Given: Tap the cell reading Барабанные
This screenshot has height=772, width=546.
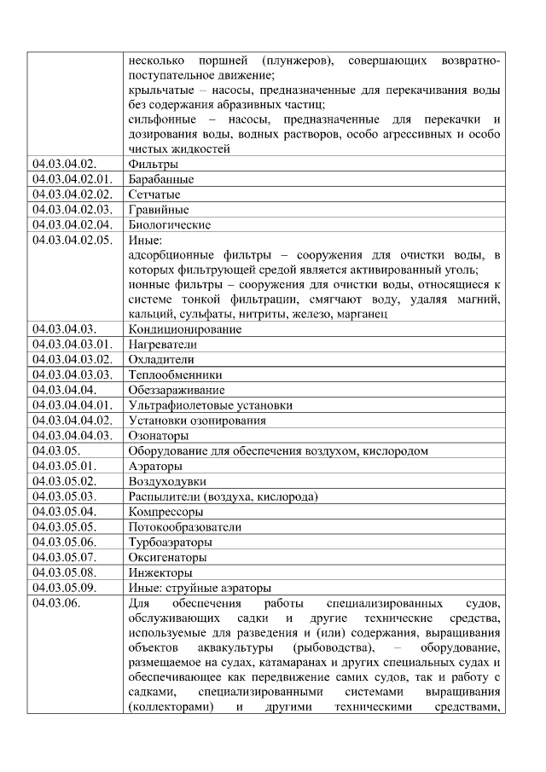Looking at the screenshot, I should pos(160,179).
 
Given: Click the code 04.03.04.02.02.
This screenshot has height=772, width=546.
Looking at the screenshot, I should pos(72,194).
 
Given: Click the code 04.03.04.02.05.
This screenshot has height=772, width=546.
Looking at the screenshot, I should pos(72,241).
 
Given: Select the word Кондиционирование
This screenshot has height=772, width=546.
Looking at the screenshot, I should pos(184,329).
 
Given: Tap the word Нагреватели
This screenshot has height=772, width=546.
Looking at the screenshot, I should pos(162,345).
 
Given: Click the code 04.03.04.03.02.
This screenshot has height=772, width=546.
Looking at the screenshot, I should pos(72,359).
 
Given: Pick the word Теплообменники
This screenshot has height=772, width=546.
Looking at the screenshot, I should pos(175,374).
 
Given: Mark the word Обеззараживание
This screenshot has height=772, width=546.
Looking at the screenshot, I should pos(177,390).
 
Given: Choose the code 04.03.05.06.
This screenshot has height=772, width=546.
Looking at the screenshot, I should pos(65,543).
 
